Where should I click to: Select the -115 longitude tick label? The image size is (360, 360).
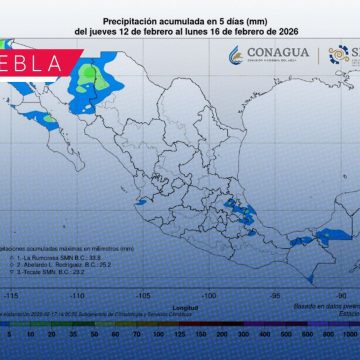coord(13,296)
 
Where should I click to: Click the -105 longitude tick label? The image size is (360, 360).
coord(143,296)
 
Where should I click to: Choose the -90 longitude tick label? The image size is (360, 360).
coord(341,296)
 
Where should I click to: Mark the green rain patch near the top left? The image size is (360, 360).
coord(93,73)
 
